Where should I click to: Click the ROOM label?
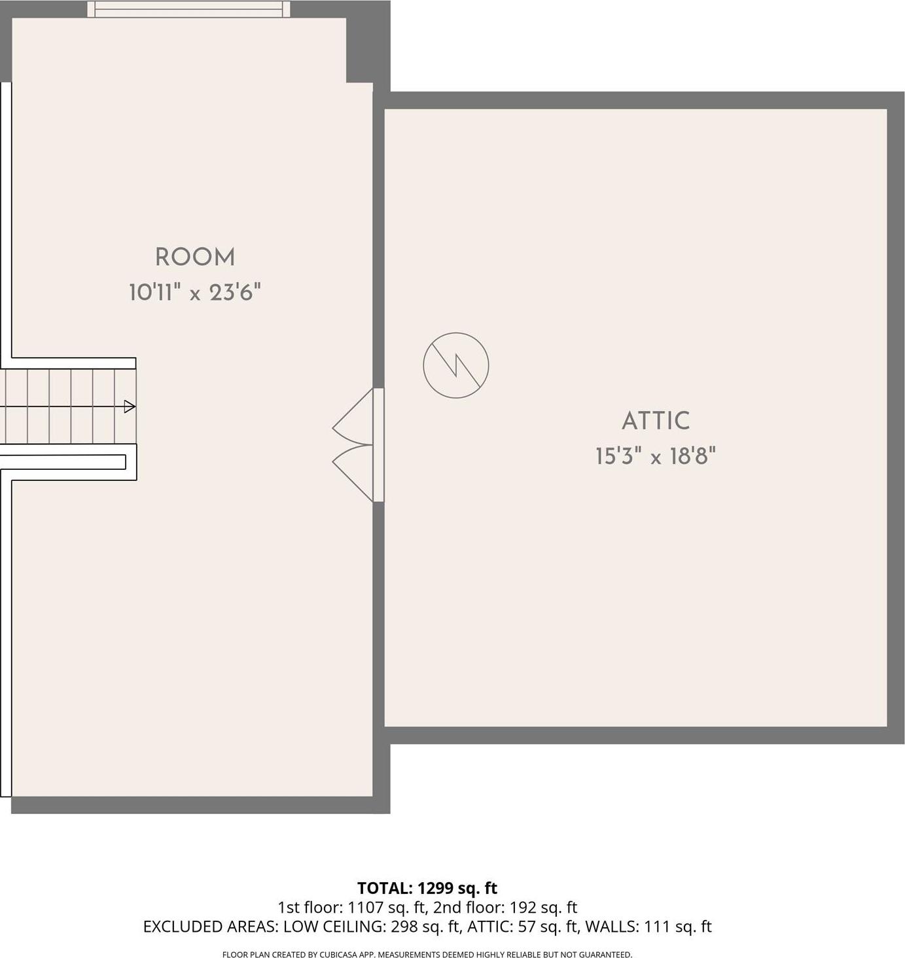coord(195,257)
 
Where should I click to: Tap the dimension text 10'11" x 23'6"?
coord(195,292)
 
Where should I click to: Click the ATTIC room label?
coord(656,421)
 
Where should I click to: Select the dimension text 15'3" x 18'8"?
coord(656,455)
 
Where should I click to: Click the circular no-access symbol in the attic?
coord(456,365)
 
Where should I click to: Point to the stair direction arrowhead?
coord(130,406)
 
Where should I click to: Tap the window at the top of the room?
coord(189,9)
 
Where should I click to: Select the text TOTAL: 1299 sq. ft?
coord(427,888)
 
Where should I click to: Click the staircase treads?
coord(65,406)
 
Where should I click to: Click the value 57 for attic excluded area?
coord(527,927)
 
